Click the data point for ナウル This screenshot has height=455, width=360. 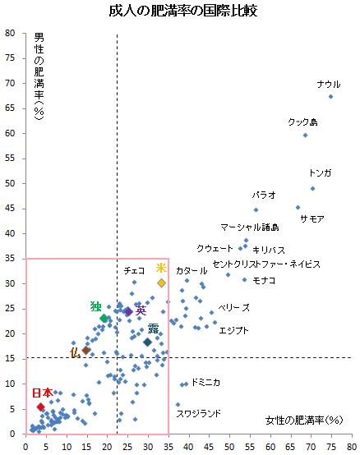(330, 96)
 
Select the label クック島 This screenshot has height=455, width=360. (302, 122)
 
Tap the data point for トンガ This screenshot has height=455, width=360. (312, 188)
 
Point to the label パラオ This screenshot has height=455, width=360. (264, 195)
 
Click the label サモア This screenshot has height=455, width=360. (312, 218)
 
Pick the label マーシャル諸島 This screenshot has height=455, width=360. (250, 227)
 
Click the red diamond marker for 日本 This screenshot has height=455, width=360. (40, 407)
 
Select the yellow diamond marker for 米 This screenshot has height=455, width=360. (162, 283)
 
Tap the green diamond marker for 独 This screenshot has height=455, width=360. (104, 318)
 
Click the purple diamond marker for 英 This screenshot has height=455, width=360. (127, 311)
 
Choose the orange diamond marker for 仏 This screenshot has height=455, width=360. (85, 350)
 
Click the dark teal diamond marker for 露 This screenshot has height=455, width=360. (147, 342)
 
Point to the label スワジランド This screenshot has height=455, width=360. (199, 413)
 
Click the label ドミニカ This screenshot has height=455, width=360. (205, 382)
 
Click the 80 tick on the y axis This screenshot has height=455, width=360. (11, 34)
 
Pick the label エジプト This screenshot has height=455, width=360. (233, 330)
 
